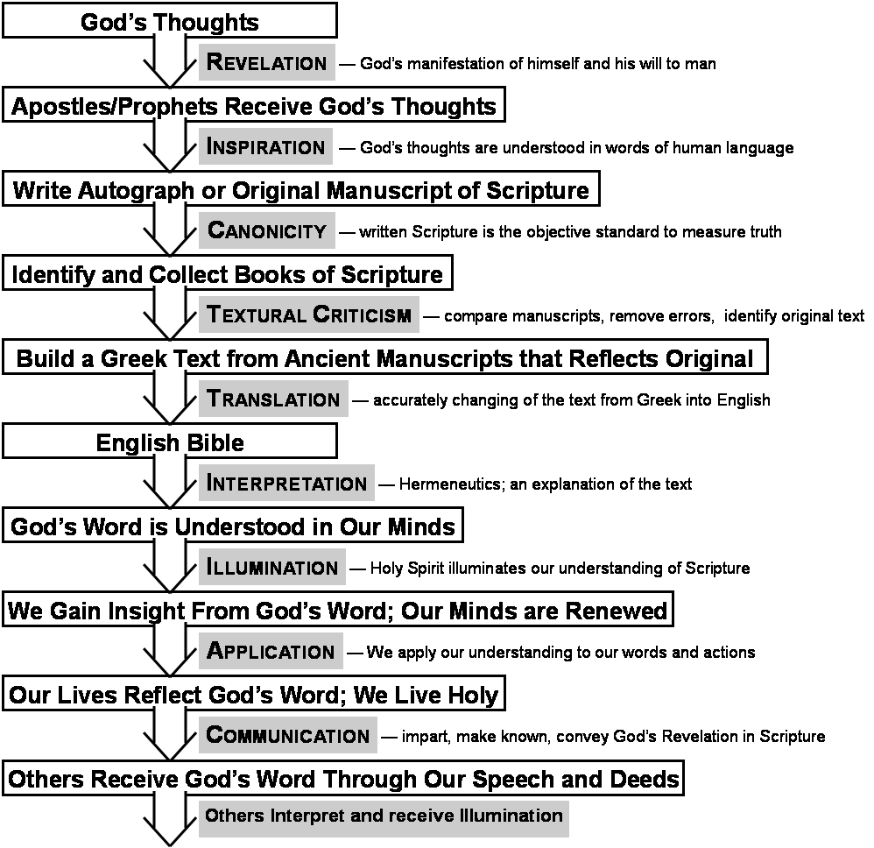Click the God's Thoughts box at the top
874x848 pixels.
tap(170, 21)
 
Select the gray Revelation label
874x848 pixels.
tap(266, 63)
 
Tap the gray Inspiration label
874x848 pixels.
tap(265, 147)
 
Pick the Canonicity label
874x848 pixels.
tap(266, 231)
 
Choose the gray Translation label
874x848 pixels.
tap(273, 399)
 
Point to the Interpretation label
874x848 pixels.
tap(286, 484)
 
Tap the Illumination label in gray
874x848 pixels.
tap(271, 568)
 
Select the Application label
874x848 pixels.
tap(271, 652)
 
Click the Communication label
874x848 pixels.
tap(287, 736)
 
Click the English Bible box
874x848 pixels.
tap(170, 442)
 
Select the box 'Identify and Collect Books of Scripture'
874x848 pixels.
tap(227, 274)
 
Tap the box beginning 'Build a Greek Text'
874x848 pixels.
tap(384, 358)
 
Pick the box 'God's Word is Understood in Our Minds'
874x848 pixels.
tap(232, 526)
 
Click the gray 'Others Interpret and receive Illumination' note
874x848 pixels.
tap(383, 816)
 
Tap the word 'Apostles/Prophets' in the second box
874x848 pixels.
tap(115, 106)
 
